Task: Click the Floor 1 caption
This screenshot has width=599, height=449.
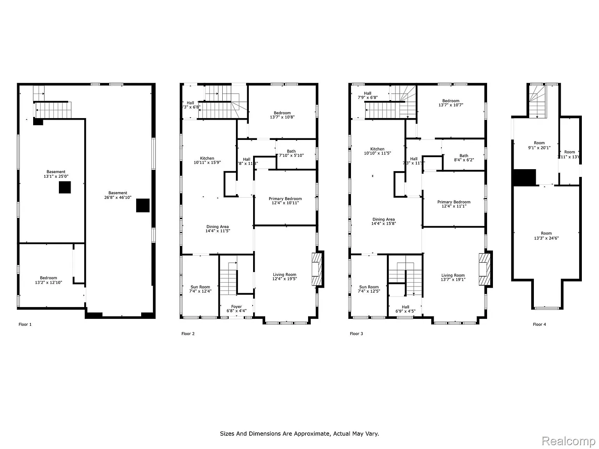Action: [25, 324]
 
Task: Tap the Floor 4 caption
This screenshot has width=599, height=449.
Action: [539, 324]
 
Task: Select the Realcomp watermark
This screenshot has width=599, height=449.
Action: [568, 441]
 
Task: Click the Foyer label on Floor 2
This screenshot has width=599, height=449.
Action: [236, 309]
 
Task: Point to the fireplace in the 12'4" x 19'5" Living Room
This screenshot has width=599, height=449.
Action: [317, 269]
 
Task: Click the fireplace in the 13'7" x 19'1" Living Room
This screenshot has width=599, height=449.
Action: [485, 269]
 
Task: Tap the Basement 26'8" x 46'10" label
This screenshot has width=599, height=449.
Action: [118, 195]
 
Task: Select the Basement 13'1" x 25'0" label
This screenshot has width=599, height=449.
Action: [56, 174]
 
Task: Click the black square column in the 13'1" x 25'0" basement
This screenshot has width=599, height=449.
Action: [65, 187]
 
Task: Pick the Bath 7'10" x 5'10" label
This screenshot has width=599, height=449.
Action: [291, 153]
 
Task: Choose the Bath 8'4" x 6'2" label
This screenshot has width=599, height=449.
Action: [464, 157]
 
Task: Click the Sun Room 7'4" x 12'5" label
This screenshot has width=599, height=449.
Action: [369, 289]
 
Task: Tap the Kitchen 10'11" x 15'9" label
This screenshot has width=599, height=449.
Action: [207, 160]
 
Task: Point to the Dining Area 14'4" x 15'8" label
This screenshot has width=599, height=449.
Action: [383, 221]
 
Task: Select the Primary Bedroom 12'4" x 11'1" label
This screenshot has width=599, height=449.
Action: [454, 204]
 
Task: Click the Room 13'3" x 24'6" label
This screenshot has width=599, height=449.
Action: [546, 236]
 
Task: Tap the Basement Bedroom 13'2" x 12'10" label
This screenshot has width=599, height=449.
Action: [48, 280]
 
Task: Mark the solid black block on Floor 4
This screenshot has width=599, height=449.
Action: [525, 177]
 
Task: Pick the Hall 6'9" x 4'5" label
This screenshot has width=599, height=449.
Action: [405, 309]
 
